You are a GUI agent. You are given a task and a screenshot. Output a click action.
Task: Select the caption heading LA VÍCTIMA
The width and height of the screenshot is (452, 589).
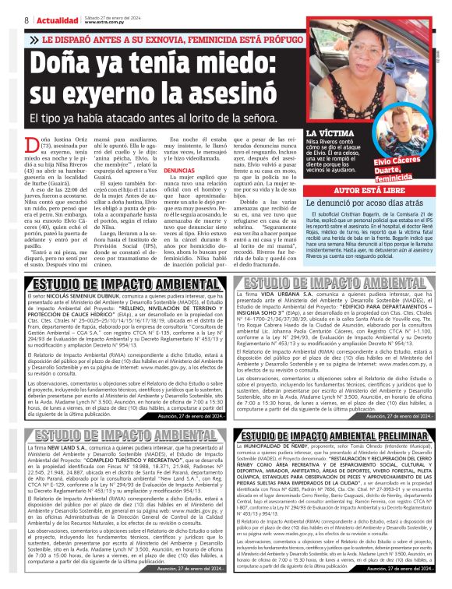326,134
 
